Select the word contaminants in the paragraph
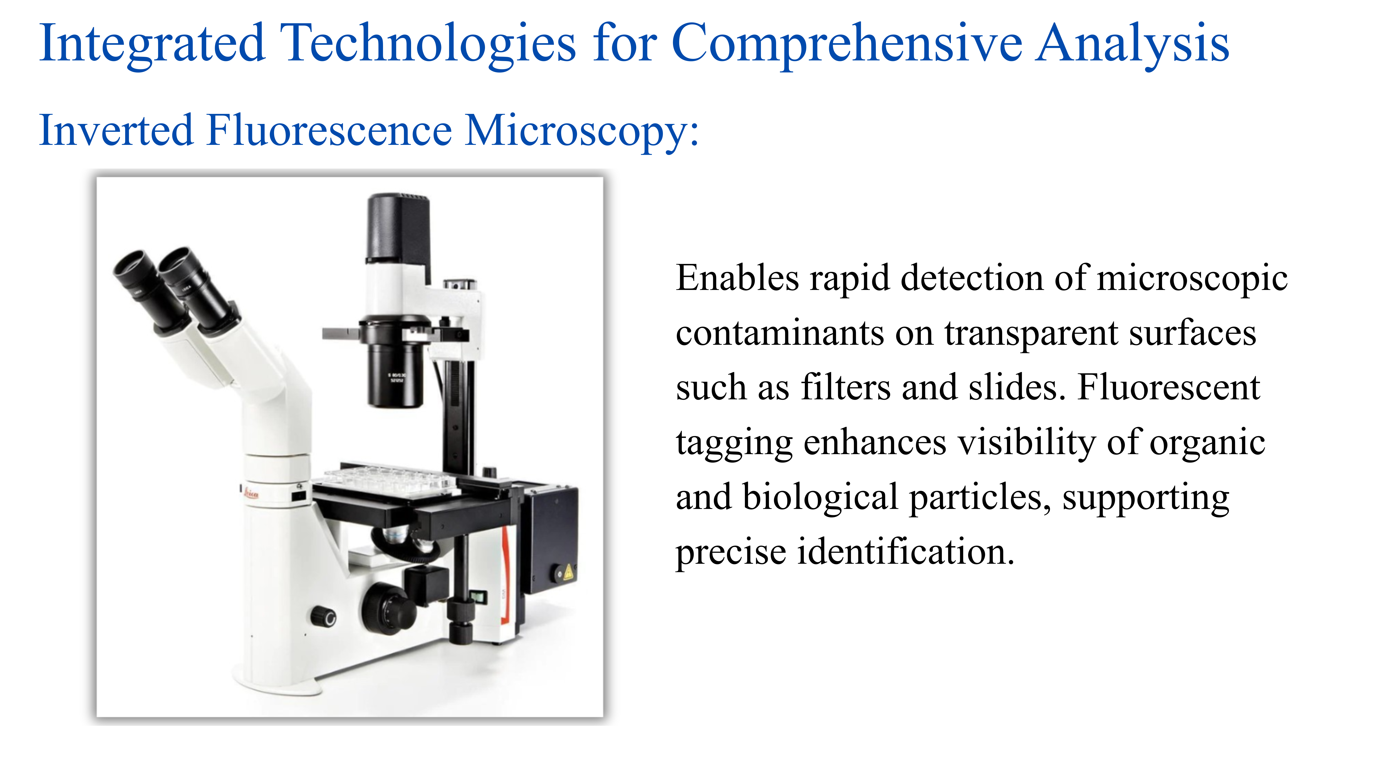tap(780, 334)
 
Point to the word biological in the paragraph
tap(820, 497)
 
